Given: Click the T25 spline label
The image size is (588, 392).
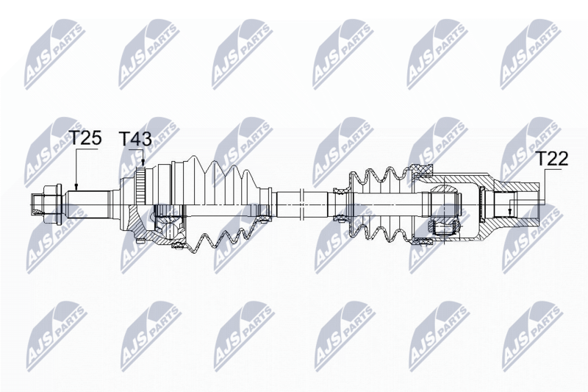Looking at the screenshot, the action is (85, 138).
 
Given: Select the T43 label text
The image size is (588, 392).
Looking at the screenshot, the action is (135, 139).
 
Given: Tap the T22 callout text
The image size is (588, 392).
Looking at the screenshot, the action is (551, 159).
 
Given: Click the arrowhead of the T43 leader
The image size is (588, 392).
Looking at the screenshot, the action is (143, 163).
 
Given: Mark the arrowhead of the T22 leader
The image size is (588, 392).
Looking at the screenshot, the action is (509, 213).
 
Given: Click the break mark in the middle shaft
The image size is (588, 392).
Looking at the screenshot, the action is (301, 204).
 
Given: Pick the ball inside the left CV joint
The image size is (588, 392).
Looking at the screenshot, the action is (169, 229).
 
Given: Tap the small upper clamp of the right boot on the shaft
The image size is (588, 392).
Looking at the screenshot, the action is (340, 192).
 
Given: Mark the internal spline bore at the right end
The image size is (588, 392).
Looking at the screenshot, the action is (505, 204).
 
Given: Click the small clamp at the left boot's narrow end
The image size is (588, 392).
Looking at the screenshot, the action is (265, 204).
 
